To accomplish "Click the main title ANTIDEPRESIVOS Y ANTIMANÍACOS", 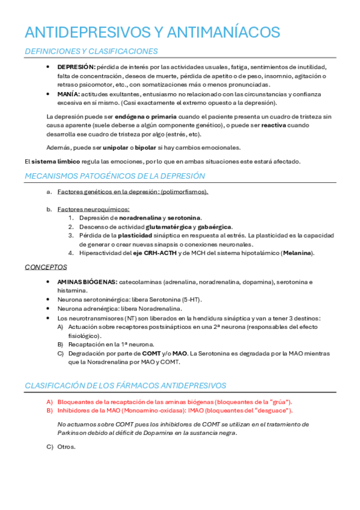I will click(152, 32).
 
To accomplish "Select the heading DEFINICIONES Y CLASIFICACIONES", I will click(91, 52).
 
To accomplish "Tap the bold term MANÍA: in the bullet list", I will click(69, 94).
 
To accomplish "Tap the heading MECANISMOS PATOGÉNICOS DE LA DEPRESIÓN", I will click(115, 176).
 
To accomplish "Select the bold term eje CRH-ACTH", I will click(174, 253).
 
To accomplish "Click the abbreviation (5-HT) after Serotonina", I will click(191, 300).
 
